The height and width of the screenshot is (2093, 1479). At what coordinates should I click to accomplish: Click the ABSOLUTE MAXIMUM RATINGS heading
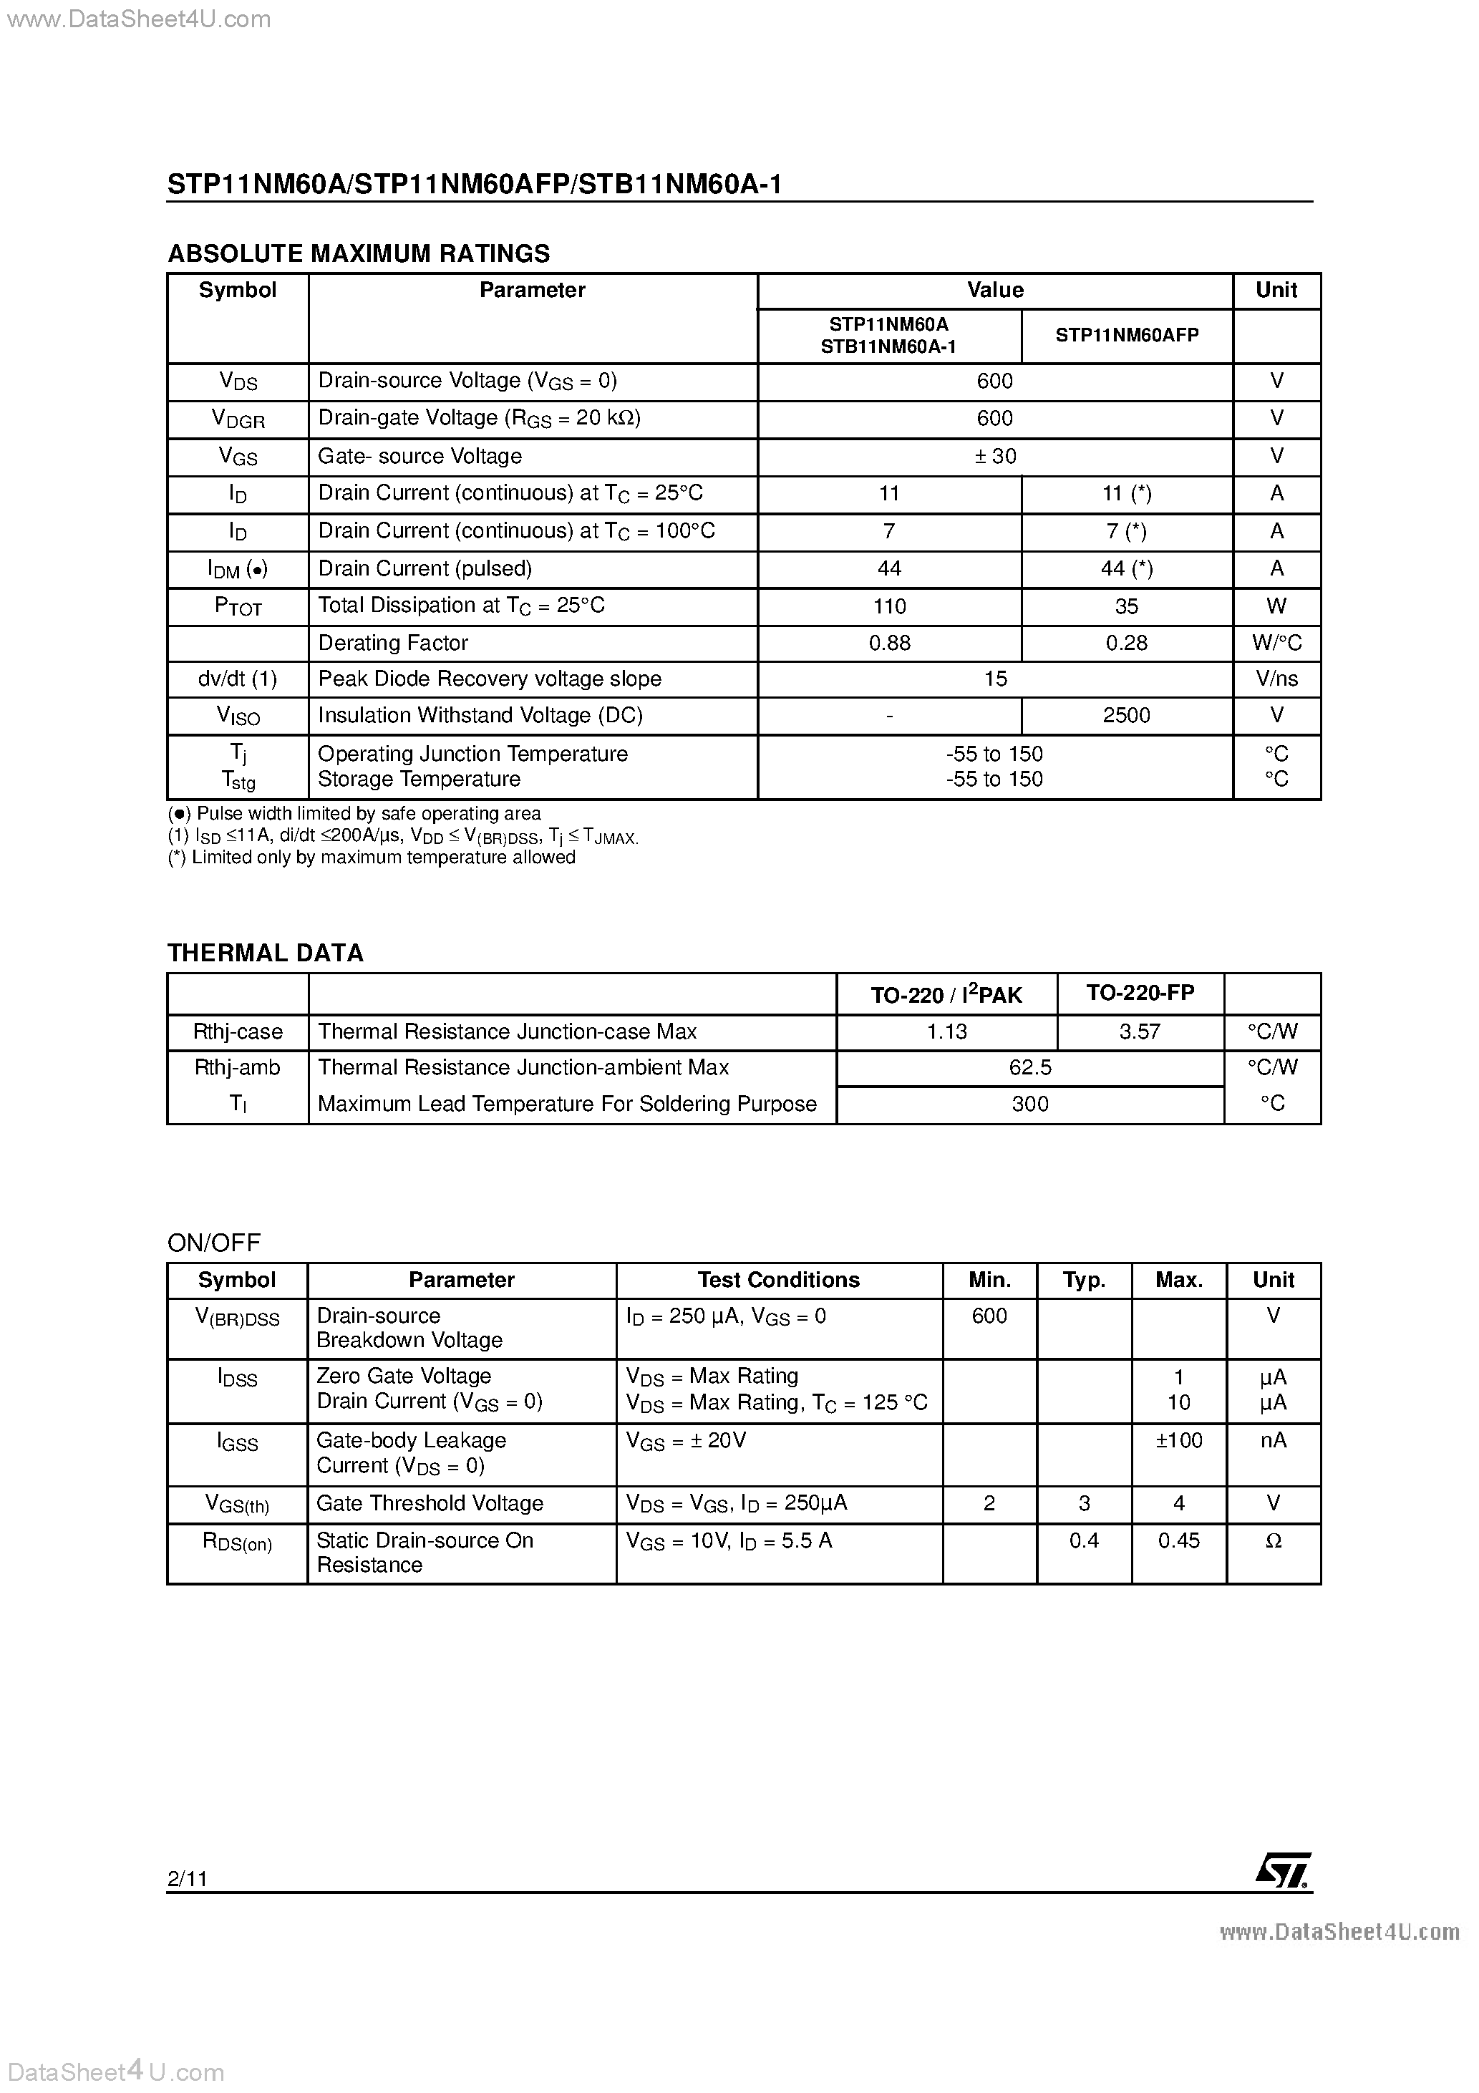click(359, 253)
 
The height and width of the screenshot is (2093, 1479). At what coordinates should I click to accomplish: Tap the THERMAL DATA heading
click(266, 953)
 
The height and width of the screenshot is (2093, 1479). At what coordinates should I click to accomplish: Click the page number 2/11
click(187, 1879)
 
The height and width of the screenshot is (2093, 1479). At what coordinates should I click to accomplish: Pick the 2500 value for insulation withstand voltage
click(1126, 716)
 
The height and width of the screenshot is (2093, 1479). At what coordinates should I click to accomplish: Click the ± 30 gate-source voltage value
click(995, 456)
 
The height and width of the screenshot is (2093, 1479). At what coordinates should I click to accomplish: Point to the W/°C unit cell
click(1276, 643)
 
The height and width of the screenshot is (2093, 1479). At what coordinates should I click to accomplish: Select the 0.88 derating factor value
click(889, 643)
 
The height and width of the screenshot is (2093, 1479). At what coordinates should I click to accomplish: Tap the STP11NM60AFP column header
click(1127, 336)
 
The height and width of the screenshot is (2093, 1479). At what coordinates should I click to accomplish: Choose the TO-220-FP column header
click(1140, 993)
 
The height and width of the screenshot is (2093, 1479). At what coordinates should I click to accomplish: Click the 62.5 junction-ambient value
click(1030, 1067)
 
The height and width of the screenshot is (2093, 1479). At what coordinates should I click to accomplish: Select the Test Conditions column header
click(779, 1280)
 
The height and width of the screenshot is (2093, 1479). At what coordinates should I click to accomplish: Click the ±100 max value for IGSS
click(1179, 1440)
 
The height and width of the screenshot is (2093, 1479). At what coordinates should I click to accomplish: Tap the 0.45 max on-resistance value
click(1179, 1540)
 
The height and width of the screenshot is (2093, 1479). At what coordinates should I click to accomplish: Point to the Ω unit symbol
click(1274, 1540)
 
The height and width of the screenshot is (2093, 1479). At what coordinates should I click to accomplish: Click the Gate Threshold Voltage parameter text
click(430, 1503)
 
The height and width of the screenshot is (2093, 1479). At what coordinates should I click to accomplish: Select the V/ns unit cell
click(1276, 679)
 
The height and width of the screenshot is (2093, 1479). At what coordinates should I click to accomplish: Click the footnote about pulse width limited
click(354, 813)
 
